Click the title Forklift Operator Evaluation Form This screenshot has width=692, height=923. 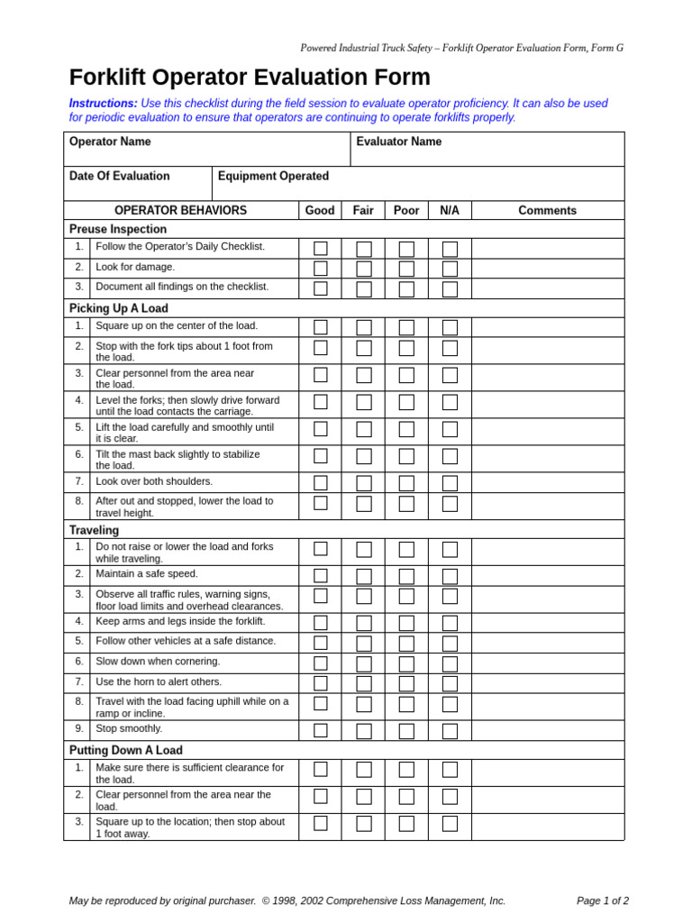(250, 78)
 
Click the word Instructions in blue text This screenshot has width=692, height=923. (104, 104)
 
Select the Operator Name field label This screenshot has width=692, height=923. (110, 142)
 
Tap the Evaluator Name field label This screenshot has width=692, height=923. (399, 142)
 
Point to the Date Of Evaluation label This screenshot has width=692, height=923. (119, 176)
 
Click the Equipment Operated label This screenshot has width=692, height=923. (273, 176)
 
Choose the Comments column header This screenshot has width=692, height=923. (547, 210)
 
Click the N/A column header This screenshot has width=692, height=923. (450, 210)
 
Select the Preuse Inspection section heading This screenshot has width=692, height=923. (118, 229)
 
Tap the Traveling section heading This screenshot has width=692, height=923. (94, 530)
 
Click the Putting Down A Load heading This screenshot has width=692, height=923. (126, 750)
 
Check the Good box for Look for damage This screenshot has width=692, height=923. (321, 269)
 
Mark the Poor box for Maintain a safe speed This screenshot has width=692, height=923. (406, 576)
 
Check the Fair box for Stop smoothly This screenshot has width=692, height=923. (364, 731)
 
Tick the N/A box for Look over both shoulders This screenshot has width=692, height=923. (450, 483)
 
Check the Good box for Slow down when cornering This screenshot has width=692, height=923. (321, 663)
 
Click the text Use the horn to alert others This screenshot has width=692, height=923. (159, 682)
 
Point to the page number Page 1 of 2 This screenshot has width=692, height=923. (603, 900)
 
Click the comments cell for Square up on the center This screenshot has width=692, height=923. (547, 327)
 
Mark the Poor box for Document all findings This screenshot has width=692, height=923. (406, 288)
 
